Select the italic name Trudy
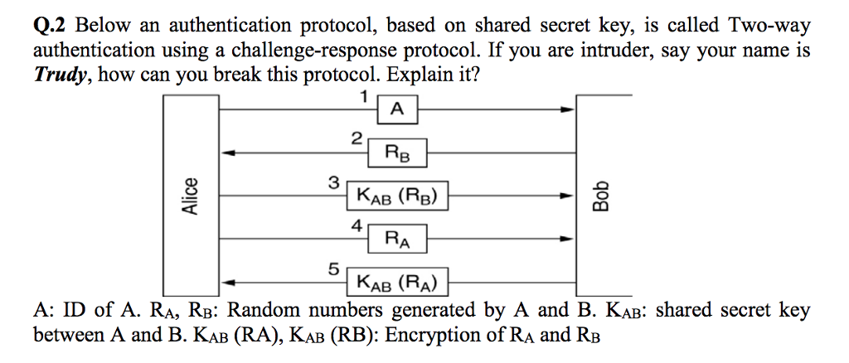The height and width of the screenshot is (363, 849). [59, 75]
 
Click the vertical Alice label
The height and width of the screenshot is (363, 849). [191, 196]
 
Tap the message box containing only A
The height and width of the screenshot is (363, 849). [397, 109]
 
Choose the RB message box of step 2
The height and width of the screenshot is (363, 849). [396, 152]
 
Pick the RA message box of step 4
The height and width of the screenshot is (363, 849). [396, 240]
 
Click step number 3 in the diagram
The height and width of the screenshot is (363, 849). [333, 181]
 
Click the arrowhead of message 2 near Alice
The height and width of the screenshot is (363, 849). [235, 152]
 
